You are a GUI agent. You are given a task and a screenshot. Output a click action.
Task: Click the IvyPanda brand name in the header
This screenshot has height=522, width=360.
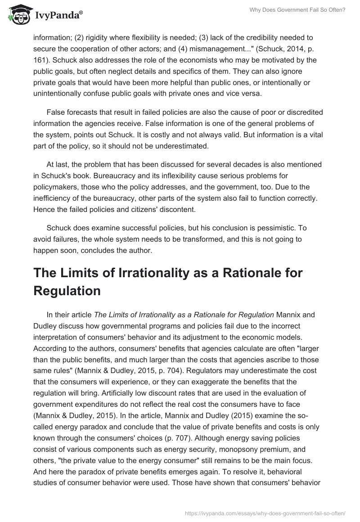(x=57, y=15)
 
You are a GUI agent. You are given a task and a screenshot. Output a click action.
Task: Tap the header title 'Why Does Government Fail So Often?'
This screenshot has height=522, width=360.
(x=298, y=10)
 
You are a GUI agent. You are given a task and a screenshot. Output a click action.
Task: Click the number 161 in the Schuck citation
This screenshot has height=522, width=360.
(x=40, y=60)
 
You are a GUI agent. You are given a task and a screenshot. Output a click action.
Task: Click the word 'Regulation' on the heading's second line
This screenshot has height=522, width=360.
(x=67, y=291)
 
